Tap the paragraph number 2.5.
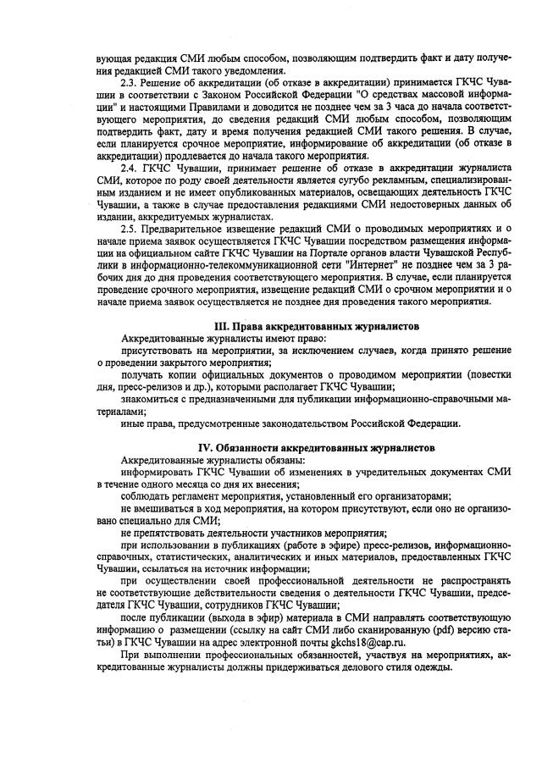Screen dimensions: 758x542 [x=130, y=229]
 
